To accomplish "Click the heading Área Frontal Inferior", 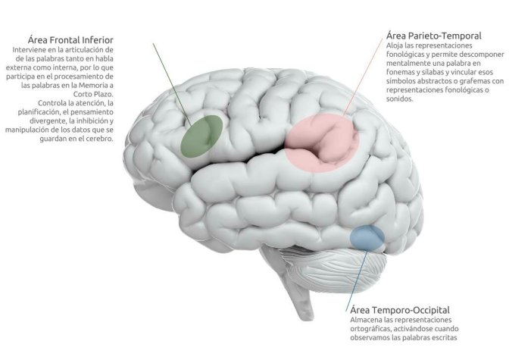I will click(x=70, y=38).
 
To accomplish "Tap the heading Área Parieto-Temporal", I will click(x=433, y=36).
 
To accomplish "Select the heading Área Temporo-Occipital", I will click(x=400, y=311).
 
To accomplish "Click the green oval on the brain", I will click(x=201, y=135).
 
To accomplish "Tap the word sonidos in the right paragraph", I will click(x=400, y=99).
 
